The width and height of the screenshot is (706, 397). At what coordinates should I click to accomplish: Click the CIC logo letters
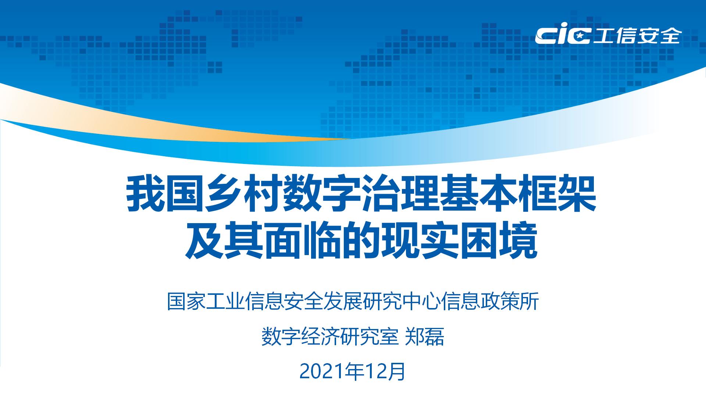tap(563, 36)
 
